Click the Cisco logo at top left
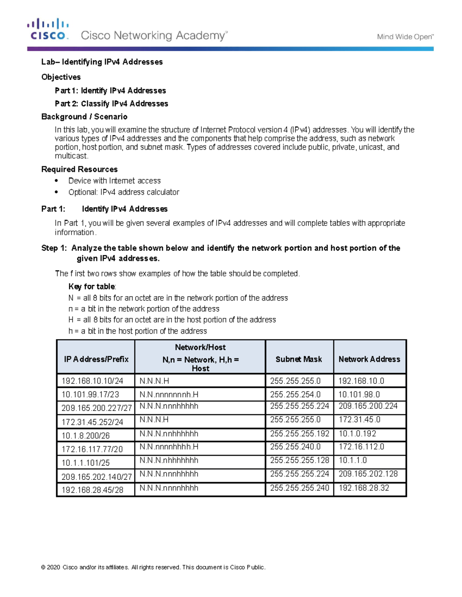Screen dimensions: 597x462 click(48, 30)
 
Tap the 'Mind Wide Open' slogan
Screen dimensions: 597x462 click(405, 37)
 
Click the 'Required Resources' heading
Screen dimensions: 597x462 click(79, 169)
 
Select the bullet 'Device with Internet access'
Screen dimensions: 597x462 click(114, 181)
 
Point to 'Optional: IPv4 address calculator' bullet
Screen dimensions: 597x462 click(124, 192)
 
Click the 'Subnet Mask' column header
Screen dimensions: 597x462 click(299, 359)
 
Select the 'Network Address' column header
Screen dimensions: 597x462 click(369, 359)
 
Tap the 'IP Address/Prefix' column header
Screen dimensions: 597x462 click(96, 359)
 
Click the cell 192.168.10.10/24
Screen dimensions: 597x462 click(92, 381)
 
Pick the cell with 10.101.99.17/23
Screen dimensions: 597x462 click(90, 394)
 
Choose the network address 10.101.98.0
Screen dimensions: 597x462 click(359, 394)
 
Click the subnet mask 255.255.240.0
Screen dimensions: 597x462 click(295, 447)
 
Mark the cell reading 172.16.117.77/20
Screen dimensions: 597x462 click(92, 449)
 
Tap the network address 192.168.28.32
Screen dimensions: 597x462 click(363, 488)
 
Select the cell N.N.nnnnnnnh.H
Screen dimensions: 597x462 click(169, 394)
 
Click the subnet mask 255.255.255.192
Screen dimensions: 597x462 click(300, 434)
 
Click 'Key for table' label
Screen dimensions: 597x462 click(92, 286)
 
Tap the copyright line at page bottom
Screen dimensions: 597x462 click(153, 567)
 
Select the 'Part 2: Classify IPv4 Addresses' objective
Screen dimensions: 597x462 click(111, 104)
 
